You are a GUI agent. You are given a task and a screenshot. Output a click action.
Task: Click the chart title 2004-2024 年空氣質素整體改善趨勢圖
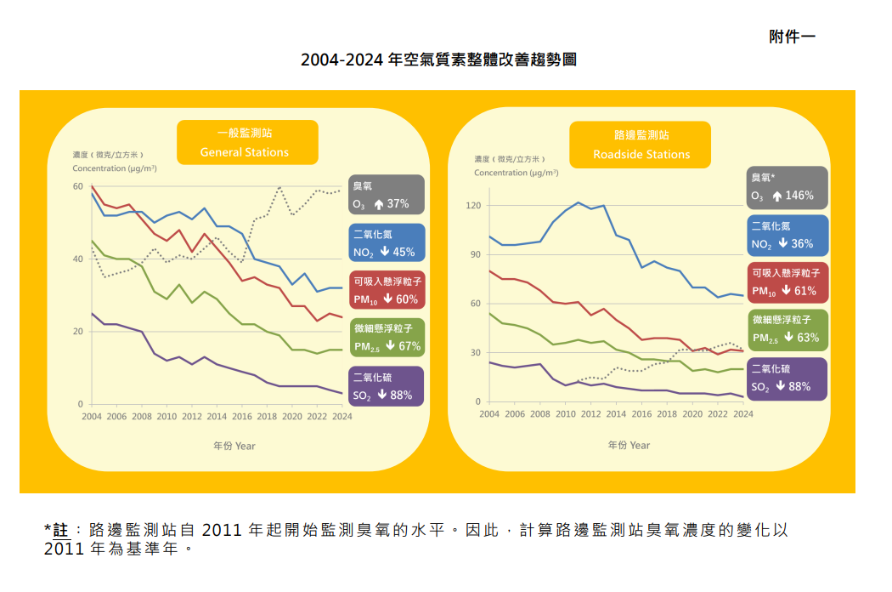tap(439, 61)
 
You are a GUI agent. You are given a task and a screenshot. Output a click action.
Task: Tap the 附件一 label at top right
tap(792, 37)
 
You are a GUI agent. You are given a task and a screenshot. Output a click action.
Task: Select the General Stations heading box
tap(246, 142)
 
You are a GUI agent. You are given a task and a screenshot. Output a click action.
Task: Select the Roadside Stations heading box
tap(641, 145)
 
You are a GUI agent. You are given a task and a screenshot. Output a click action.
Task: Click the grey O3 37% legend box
tap(386, 195)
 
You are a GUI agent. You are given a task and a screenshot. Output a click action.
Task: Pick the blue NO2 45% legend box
tap(386, 242)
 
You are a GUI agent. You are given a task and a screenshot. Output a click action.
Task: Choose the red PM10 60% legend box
tap(386, 290)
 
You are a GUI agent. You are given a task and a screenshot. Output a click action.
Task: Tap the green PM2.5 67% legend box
tap(386, 338)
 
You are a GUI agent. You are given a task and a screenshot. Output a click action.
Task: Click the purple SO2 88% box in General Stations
tap(386, 385)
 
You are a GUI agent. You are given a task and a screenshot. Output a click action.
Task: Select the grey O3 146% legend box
tap(788, 187)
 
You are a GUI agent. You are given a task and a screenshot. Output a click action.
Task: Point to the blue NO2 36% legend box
tap(788, 235)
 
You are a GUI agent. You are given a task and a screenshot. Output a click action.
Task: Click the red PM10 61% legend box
tap(788, 282)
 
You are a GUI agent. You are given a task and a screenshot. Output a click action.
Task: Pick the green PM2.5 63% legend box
tap(788, 330)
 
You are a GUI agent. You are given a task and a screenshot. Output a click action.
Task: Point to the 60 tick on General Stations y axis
tap(78, 186)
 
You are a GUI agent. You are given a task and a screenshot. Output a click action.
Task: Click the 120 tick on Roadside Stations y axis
tap(473, 206)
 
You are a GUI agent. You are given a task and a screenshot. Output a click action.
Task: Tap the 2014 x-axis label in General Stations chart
tap(217, 417)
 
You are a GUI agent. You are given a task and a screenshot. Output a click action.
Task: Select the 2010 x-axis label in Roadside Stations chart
tap(565, 414)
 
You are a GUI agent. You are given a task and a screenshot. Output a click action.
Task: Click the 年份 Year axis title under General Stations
tap(234, 446)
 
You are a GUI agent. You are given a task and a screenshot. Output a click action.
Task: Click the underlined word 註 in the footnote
tap(60, 530)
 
